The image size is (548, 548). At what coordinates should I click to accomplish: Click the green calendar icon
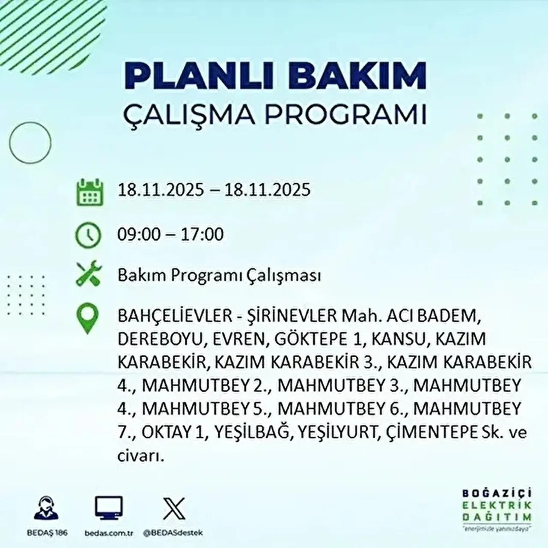point(90,192)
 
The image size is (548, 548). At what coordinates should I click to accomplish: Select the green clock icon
point(88,235)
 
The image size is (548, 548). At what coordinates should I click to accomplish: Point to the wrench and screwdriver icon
point(89,274)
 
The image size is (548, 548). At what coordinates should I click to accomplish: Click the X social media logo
point(174,509)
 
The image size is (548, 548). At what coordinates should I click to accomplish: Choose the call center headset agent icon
point(46,509)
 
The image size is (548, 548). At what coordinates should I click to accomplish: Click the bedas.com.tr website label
point(109,533)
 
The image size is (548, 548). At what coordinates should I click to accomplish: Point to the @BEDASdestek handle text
point(173,533)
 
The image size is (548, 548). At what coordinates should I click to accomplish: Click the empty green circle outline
point(30,142)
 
